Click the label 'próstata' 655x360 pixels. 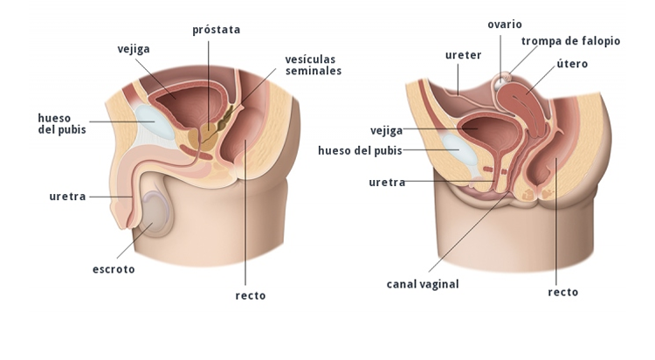pos(216,30)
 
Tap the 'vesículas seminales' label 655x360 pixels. pos(313,66)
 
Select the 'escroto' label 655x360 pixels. pos(114,269)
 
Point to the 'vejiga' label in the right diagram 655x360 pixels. pos(385,130)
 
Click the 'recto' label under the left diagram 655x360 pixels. pos(250,295)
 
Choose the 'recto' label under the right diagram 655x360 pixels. pos(562,292)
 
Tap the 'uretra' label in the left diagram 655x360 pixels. pos(67,197)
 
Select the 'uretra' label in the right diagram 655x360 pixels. pos(387,182)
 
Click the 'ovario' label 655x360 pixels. pos(504,24)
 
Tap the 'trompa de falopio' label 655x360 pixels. pos(570,41)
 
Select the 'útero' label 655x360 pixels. pos(572,64)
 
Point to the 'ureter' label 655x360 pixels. pos(463,55)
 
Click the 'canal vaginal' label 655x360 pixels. pos(423,283)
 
